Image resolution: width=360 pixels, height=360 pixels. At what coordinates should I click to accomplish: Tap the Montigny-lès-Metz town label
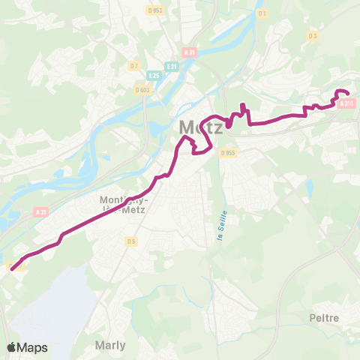[x=124, y=205]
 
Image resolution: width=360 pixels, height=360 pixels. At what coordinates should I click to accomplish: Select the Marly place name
[x=111, y=346]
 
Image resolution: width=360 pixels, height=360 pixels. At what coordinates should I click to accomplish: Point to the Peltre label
[x=324, y=318]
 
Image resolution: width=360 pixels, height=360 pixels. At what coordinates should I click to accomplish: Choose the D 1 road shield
[x=262, y=13]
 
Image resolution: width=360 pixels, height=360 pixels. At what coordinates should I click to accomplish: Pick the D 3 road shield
[x=312, y=35]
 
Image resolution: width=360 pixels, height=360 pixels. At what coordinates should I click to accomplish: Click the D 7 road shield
[x=133, y=66]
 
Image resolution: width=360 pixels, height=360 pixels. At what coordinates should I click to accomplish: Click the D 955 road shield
[x=228, y=152]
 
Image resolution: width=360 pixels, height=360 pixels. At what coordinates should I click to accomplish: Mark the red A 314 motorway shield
[x=346, y=103]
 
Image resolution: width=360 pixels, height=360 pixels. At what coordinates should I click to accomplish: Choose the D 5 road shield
[x=131, y=241]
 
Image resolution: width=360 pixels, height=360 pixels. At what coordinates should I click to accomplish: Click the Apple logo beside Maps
[x=12, y=346]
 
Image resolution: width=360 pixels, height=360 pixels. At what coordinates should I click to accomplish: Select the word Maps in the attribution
[x=33, y=347]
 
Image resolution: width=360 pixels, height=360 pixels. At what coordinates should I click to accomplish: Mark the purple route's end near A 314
[x=348, y=93]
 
